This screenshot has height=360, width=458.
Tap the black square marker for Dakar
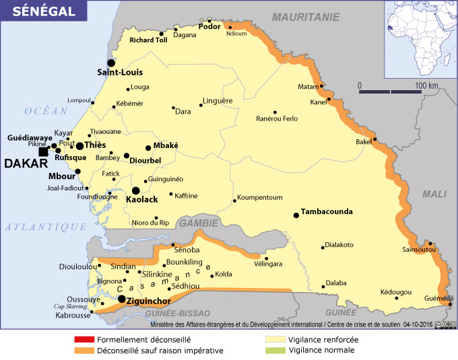click(44, 152)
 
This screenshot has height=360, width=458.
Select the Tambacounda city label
click(327, 211)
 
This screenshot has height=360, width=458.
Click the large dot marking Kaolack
click(136, 190)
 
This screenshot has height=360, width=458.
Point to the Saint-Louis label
click(120, 72)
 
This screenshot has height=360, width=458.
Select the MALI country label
click(434, 194)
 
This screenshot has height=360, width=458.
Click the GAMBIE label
click(198, 222)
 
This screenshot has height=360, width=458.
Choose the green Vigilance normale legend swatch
click(275, 351)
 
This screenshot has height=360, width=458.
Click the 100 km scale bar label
click(426, 85)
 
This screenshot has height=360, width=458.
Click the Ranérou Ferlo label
click(277, 119)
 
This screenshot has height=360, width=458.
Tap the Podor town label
click(210, 26)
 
